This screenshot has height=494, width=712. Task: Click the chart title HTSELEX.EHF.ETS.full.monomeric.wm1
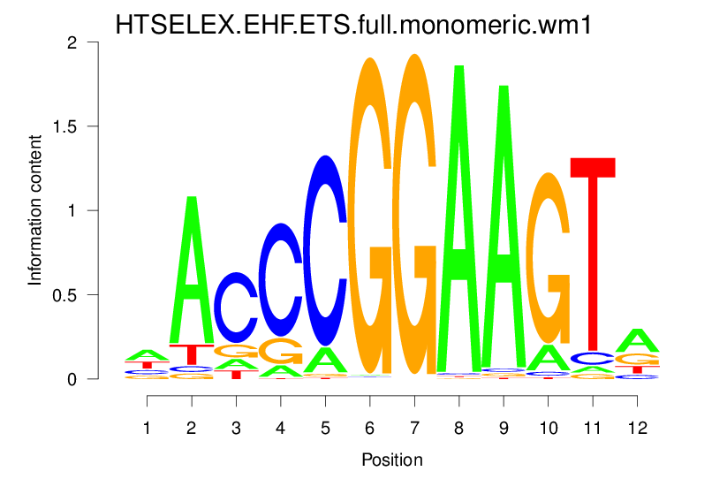353,26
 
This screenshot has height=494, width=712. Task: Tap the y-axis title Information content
35,209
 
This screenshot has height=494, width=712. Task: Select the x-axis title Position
392,460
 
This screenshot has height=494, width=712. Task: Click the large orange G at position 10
549,257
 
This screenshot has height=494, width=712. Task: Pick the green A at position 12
637,339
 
